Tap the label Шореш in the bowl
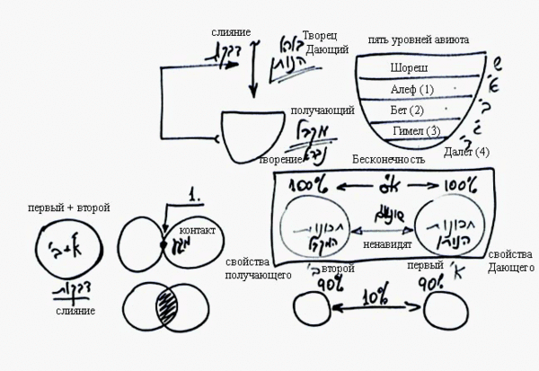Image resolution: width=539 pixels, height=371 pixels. tap(409, 68)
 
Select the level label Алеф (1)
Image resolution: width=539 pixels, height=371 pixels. tap(412, 89)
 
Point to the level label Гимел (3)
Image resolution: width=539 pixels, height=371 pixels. tap(416, 132)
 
